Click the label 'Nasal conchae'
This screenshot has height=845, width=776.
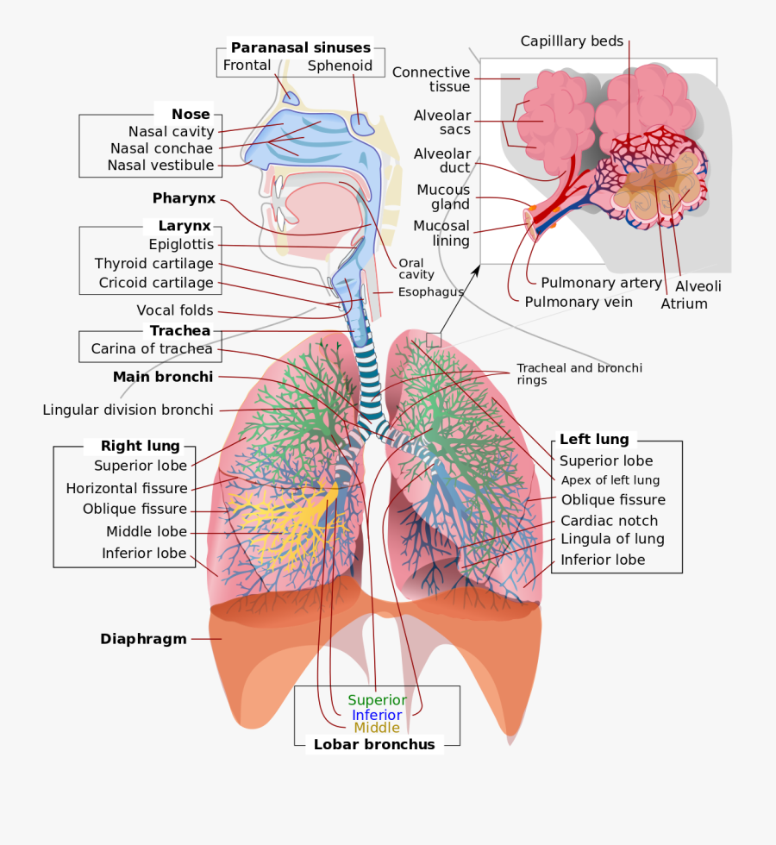click(161, 148)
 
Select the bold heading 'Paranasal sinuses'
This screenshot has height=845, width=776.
click(300, 48)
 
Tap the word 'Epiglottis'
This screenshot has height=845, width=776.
click(181, 245)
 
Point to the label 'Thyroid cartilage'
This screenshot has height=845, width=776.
click(154, 264)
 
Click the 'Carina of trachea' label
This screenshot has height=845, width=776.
click(152, 349)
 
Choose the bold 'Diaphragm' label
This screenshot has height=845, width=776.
click(143, 639)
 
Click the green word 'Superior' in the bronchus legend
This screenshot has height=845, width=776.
click(377, 700)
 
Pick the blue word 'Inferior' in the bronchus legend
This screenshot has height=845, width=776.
click(377, 715)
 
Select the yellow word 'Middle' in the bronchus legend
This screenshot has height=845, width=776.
click(377, 728)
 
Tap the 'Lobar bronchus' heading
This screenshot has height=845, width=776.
click(374, 744)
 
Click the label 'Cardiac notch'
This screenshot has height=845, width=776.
click(609, 521)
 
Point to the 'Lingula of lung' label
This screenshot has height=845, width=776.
click(612, 539)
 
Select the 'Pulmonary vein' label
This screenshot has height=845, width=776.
click(579, 302)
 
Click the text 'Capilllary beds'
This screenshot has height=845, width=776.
click(572, 41)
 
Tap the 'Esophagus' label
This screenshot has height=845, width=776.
click(430, 292)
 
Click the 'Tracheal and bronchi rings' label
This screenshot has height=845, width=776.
click(579, 373)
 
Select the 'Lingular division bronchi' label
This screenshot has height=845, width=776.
click(128, 410)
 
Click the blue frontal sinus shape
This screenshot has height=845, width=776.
click(291, 98)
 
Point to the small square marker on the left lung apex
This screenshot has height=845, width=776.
click(434, 341)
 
